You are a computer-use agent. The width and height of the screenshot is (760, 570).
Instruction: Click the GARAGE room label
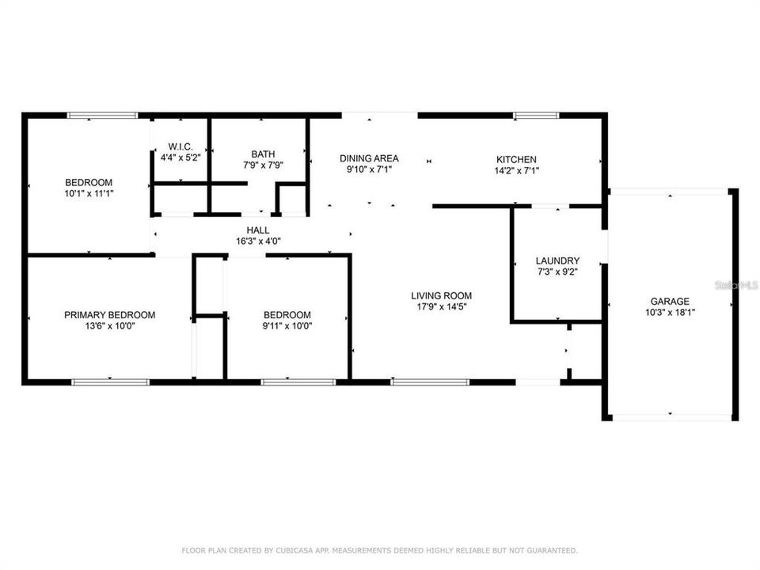click(670, 302)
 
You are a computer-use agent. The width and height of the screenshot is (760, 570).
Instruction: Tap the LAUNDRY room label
click(557, 260)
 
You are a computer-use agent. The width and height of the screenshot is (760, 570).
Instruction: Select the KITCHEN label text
click(516, 159)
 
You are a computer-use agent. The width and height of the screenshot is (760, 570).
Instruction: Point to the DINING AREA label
click(369, 158)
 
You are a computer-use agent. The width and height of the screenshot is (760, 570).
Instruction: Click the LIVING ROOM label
click(441, 295)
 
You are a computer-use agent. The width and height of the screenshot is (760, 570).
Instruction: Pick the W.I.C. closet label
click(180, 146)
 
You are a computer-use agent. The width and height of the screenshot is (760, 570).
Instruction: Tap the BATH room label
click(263, 154)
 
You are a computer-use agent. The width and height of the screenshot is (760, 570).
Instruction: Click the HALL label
click(258, 230)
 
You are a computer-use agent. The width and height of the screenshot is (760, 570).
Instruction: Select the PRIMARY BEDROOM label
click(109, 315)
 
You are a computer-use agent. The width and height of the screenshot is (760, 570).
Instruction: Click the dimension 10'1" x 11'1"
click(89, 193)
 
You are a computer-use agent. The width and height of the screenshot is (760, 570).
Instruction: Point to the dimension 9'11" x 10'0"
click(287, 326)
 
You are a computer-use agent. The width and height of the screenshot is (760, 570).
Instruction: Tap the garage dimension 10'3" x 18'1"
click(670, 313)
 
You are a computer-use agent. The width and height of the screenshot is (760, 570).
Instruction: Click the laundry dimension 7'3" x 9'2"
click(557, 272)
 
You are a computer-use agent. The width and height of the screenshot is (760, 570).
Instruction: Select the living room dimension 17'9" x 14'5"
click(442, 307)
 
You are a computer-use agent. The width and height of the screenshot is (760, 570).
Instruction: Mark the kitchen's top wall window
click(536, 116)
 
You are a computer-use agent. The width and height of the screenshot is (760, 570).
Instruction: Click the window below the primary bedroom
click(111, 382)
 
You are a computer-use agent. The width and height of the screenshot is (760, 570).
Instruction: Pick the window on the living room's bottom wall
click(430, 382)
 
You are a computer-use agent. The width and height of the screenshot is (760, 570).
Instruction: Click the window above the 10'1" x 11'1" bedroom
click(102, 116)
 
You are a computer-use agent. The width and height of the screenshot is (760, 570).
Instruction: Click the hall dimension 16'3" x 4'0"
click(258, 241)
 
